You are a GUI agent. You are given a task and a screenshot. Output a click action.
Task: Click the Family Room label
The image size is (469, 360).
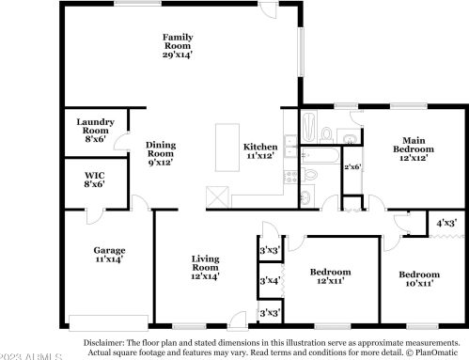(177, 44)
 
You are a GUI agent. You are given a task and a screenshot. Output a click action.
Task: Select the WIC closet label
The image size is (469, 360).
(93, 180)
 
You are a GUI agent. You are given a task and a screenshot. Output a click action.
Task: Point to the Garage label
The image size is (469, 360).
(108, 255)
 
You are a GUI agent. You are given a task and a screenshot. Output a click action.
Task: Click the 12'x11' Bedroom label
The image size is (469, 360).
(330, 276)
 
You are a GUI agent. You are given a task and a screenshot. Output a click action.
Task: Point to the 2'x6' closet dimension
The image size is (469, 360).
(352, 166)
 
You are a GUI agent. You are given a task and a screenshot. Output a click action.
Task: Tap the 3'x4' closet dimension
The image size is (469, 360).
(269, 279)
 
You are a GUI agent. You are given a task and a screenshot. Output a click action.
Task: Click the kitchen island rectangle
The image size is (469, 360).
(226, 150)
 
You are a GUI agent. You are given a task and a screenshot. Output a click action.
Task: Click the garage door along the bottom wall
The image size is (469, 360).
(108, 318)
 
